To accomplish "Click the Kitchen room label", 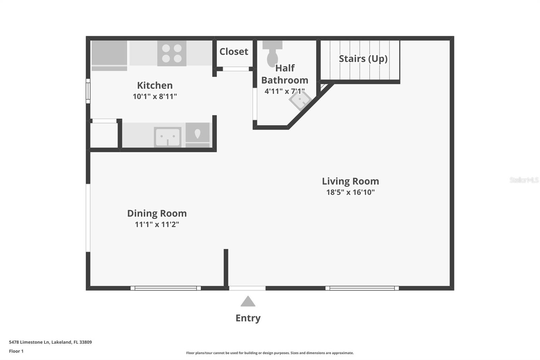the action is coord(155,85).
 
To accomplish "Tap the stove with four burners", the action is coord(172,53).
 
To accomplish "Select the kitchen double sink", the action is coord(167,137).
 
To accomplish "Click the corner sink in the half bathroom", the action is coord(300,100).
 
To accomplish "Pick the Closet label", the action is coord(234,52).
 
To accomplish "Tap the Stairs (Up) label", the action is coord(363,59).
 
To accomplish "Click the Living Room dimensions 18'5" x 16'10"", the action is coord(351,192).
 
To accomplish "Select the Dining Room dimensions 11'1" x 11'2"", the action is coord(157,224).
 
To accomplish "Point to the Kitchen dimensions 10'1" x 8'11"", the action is coord(155,97).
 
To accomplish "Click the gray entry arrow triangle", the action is coord(248,301).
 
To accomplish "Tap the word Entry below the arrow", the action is coord(248,318).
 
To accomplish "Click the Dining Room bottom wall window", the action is coord(166,288).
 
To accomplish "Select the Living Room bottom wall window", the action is coord(362,288).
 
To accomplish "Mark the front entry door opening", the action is coord(247,288).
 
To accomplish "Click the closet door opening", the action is coord(236,69).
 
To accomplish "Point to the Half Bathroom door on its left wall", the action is coord(255,104).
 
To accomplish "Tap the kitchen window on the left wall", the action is coord(88,91).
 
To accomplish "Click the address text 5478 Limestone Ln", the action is coord(29,342).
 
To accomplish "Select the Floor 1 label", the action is coord(16,351).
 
